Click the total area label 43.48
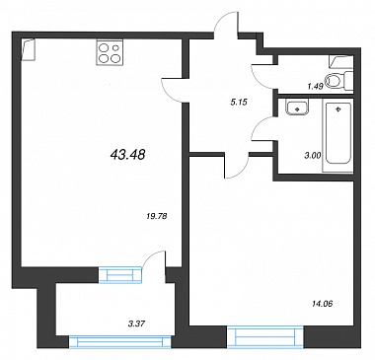pos(128,154)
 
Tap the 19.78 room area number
pos(156,216)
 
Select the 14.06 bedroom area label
pos(322,304)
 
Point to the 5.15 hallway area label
pos(239,103)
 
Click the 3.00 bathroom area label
pos(313,156)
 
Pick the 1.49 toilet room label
pos(316,87)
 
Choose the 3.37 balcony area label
pos(137,324)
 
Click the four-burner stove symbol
pos(110,52)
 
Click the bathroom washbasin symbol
pos(297,108)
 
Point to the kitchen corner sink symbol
pos(28,49)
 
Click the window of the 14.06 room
pos(264,336)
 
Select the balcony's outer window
pos(120,342)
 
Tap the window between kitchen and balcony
pos(119,275)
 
